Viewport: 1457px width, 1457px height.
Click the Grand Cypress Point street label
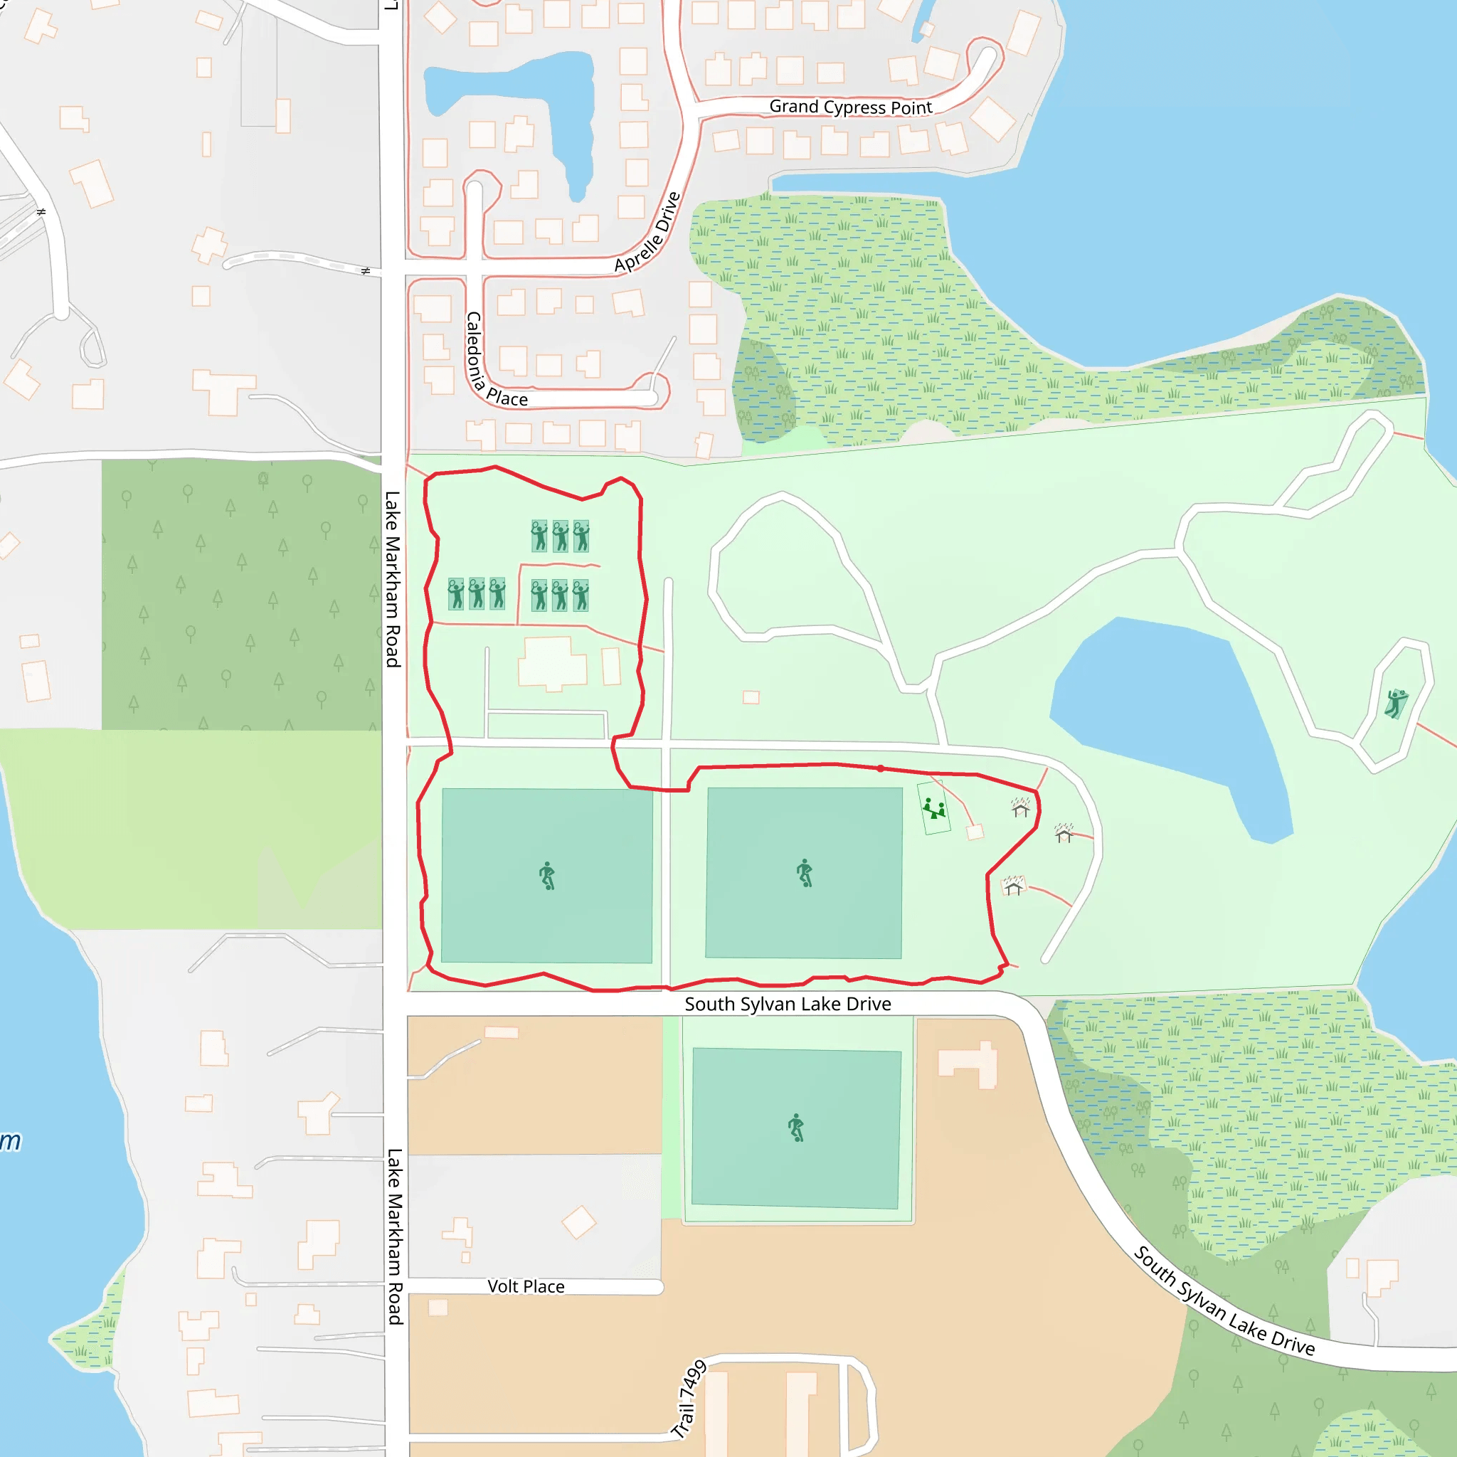[851, 107]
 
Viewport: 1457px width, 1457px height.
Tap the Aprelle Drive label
[648, 232]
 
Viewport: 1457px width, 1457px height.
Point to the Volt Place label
[526, 1286]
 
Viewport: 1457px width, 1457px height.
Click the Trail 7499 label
[689, 1399]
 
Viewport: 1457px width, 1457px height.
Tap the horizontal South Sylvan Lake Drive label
[788, 1004]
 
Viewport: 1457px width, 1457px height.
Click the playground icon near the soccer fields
[933, 808]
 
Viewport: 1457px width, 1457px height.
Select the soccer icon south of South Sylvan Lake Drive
[796, 1128]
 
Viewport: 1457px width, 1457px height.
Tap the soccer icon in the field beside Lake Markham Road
[548, 876]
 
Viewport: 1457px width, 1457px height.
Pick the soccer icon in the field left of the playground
[805, 872]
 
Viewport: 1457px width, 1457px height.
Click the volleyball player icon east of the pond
[1396, 703]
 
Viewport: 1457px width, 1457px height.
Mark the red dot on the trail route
[880, 768]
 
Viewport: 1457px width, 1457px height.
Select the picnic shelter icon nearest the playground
[1020, 807]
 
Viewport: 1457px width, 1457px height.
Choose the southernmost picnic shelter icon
[1014, 886]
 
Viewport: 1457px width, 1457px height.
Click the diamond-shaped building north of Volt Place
[579, 1222]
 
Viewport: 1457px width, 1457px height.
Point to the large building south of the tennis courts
[553, 664]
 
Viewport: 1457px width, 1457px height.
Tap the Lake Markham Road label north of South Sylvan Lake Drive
[393, 579]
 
